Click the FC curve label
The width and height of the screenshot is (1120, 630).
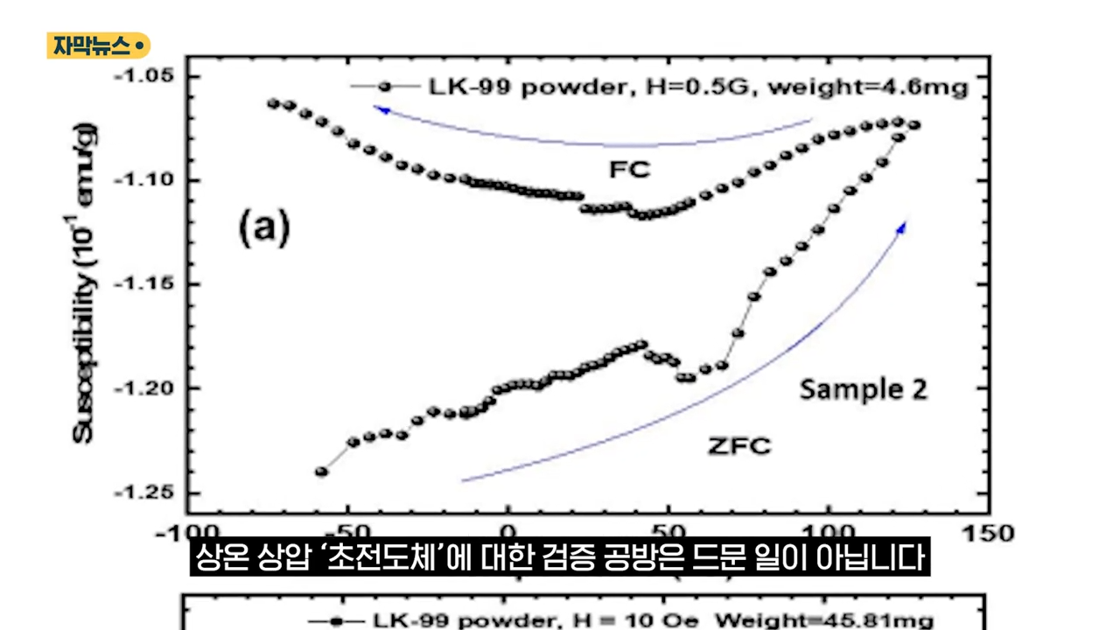click(x=630, y=169)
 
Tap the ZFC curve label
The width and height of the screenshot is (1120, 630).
click(x=739, y=446)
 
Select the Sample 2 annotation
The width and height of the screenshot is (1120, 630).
click(x=863, y=389)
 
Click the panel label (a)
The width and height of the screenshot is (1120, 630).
click(x=263, y=227)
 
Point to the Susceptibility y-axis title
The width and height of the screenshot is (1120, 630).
click(x=87, y=284)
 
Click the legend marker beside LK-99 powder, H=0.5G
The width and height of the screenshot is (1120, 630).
click(x=384, y=87)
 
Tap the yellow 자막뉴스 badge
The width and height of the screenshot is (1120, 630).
click(x=98, y=45)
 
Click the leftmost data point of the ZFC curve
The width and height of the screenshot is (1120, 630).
click(x=321, y=472)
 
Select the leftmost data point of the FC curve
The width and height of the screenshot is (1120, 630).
click(x=273, y=102)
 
